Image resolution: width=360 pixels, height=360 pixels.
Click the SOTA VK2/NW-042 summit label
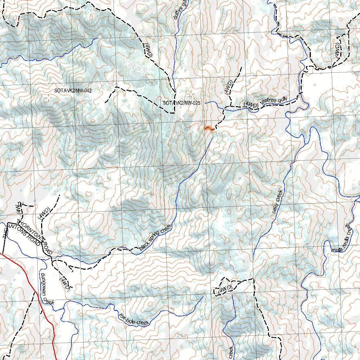tap(73, 91)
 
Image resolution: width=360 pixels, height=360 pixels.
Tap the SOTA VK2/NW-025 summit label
tap(181, 103)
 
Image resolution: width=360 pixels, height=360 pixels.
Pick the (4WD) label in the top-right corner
tap(337, 51)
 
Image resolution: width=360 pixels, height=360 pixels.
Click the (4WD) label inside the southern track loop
tap(225, 289)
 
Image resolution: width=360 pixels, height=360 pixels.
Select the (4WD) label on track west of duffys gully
tap(148, 50)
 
